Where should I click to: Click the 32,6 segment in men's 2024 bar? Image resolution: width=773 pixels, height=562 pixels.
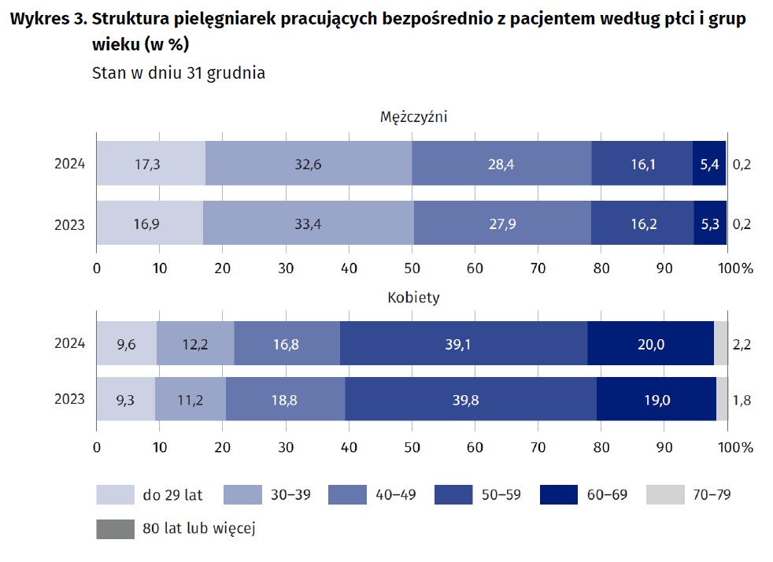pyautogui.click(x=308, y=165)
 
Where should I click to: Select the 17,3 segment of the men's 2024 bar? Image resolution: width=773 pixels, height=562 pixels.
pyautogui.click(x=150, y=165)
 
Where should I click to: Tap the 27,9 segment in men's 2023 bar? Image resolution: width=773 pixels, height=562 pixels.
pyautogui.click(x=502, y=224)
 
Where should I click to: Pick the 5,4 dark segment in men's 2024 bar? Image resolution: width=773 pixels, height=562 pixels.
pyautogui.click(x=709, y=165)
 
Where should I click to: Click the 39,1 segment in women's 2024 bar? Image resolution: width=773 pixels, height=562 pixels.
pyautogui.click(x=464, y=343)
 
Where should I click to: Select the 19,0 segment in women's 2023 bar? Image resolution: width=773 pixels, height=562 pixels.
pyautogui.click(x=656, y=400)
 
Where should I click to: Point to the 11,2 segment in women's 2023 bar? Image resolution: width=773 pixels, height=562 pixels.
pyautogui.click(x=190, y=400)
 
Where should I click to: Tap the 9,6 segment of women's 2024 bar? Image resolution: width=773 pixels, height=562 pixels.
pyautogui.click(x=127, y=343)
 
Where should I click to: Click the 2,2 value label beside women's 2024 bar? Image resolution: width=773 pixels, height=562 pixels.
pyautogui.click(x=742, y=343)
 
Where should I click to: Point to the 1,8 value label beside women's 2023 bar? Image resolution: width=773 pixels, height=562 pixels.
pyautogui.click(x=742, y=400)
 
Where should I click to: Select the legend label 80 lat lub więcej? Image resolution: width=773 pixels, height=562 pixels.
pyautogui.click(x=199, y=528)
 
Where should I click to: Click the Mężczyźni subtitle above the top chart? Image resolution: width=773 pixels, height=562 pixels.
pyautogui.click(x=413, y=116)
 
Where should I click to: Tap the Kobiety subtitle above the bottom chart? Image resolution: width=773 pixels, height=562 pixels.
pyautogui.click(x=413, y=298)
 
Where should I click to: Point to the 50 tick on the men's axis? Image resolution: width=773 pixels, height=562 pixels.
pyautogui.click(x=412, y=268)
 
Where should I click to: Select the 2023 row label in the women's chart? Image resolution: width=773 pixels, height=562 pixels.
pyautogui.click(x=69, y=400)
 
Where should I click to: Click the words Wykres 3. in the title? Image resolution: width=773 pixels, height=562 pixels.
pyautogui.click(x=47, y=20)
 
